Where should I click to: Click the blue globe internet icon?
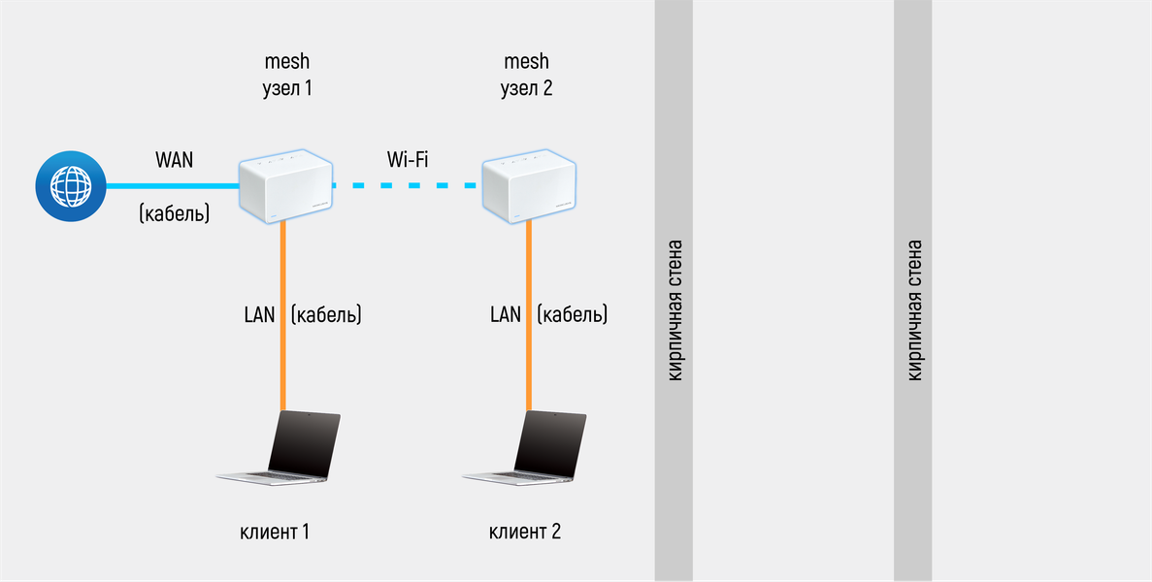(x=69, y=184)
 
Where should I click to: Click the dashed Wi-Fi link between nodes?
(x=408, y=184)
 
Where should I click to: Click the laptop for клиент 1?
(x=281, y=447)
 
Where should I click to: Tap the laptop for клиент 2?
(x=527, y=447)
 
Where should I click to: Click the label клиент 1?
(x=275, y=532)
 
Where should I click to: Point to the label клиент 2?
(x=524, y=532)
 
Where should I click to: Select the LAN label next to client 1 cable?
(x=259, y=314)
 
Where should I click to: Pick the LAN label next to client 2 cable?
(x=505, y=314)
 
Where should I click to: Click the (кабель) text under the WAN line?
(x=174, y=212)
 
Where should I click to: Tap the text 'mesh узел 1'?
(x=287, y=76)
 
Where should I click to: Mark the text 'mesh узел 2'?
(x=526, y=76)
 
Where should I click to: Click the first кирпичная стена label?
(x=675, y=310)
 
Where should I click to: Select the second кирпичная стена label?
(x=913, y=310)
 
